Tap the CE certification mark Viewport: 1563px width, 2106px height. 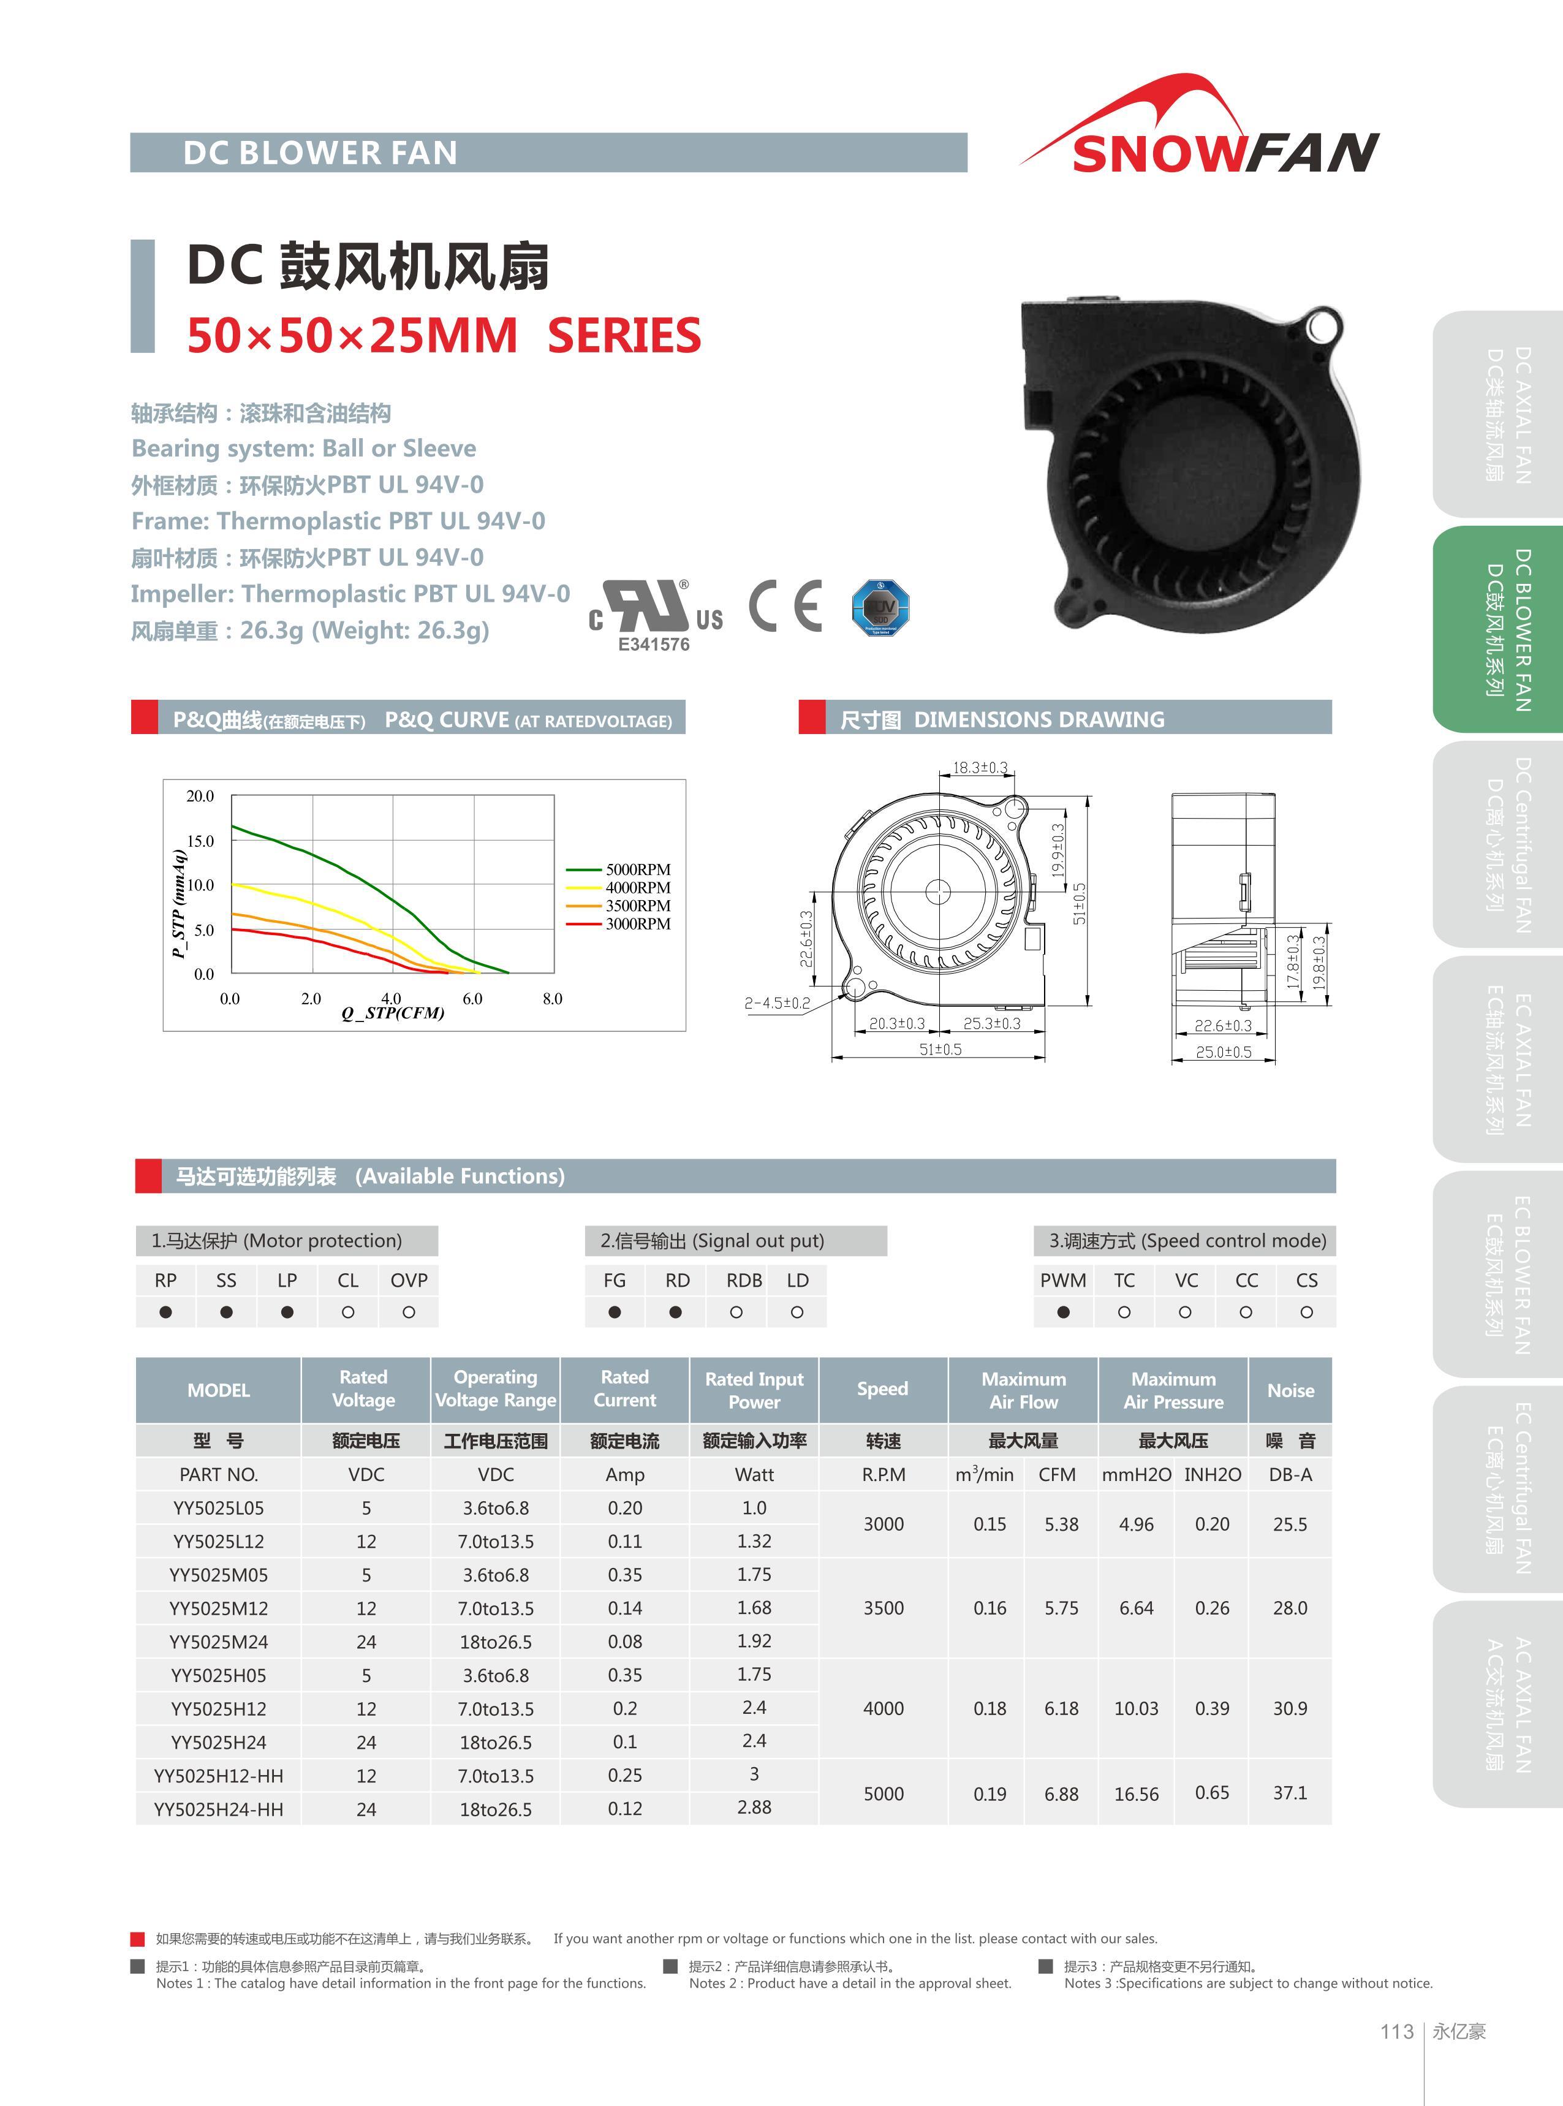tap(785, 605)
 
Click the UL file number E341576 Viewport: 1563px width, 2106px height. tap(654, 644)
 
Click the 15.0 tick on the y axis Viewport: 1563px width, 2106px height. tap(200, 840)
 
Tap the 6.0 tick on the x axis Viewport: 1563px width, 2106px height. tap(472, 998)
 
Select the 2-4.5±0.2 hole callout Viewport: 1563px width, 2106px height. tap(777, 1003)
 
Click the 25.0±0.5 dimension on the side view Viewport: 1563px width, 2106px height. tap(1224, 1051)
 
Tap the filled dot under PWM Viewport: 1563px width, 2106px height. tap(1064, 1312)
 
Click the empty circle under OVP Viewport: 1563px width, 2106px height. tap(409, 1312)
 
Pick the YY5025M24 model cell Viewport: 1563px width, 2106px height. tap(219, 1642)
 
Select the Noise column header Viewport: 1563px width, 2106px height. tap(1290, 1390)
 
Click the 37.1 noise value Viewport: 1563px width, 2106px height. tap(1290, 1793)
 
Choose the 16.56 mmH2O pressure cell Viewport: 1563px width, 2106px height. tap(1137, 1794)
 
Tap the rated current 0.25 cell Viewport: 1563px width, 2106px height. tap(624, 1776)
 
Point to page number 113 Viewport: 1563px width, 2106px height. tap(1396, 2031)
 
